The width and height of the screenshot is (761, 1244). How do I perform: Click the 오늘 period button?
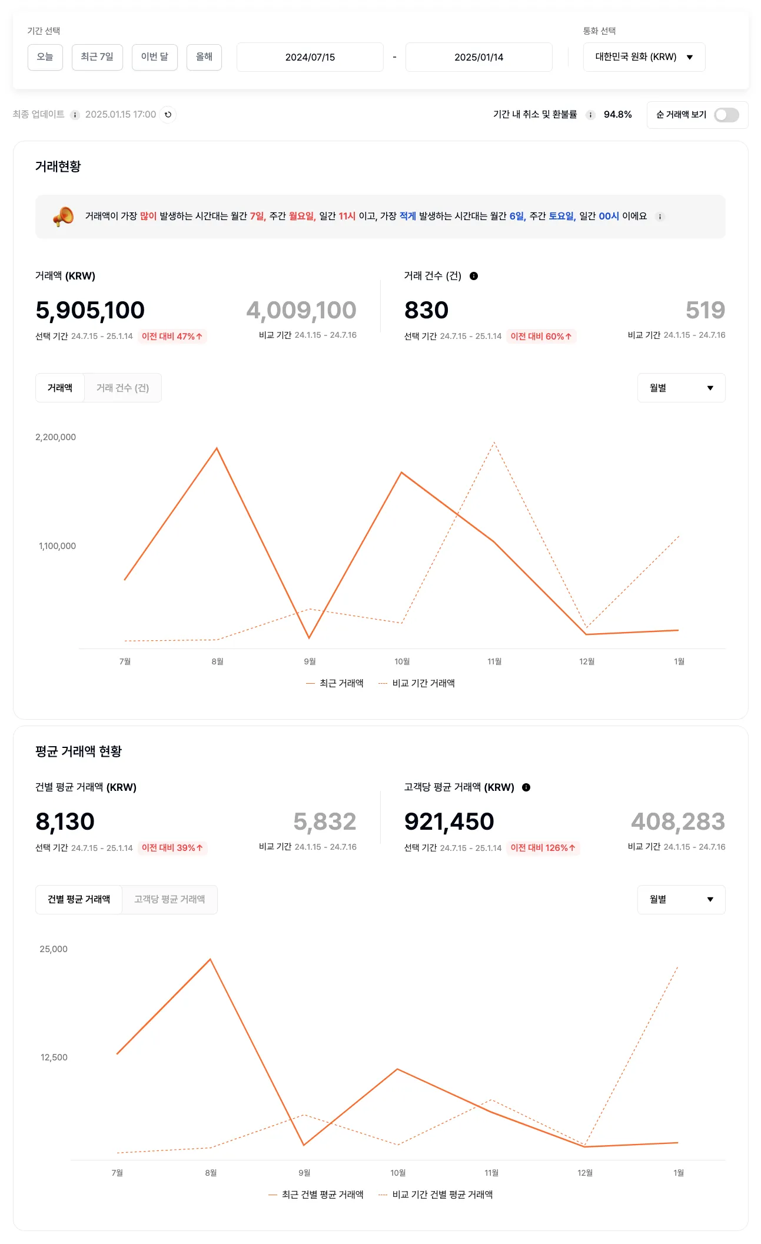(45, 57)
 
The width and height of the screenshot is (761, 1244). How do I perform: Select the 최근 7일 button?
(97, 57)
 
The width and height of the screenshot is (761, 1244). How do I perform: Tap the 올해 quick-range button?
(204, 57)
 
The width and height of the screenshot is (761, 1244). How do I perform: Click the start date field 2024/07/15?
(310, 57)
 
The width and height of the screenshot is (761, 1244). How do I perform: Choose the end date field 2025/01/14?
(478, 57)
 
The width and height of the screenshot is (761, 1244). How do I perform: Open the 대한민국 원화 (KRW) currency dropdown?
(644, 57)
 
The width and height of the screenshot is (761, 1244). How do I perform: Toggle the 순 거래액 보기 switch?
(726, 115)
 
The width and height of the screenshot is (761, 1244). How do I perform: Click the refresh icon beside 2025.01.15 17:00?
(168, 115)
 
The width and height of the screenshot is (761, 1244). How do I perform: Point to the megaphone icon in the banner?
(64, 217)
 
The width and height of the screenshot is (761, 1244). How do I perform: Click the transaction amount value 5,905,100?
(90, 310)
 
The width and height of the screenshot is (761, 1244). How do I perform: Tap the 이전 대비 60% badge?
(541, 337)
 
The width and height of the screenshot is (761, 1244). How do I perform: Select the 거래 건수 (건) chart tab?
(122, 388)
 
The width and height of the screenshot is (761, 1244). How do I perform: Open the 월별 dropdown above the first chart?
(681, 388)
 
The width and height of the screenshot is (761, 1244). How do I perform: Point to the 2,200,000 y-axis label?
(55, 437)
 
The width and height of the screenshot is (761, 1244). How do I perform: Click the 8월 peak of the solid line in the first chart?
(217, 448)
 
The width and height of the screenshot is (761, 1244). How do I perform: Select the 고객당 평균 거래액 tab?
(170, 899)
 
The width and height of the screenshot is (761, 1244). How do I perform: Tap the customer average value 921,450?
(449, 821)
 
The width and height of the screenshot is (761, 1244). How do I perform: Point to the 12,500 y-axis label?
(54, 1057)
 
